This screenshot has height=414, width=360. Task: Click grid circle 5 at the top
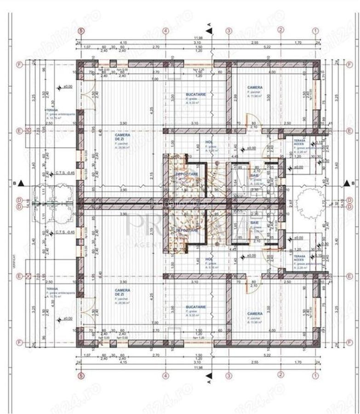pyautogui.click(x=81, y=31)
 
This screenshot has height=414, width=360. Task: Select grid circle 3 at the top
pyautogui.click(x=229, y=31)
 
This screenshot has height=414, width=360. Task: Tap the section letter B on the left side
pyautogui.click(x=15, y=184)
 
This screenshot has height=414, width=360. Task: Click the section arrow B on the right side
pyautogui.click(x=347, y=184)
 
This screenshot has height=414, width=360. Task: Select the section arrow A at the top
pyautogui.click(x=209, y=31)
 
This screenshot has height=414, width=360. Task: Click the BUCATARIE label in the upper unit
pyautogui.click(x=196, y=94)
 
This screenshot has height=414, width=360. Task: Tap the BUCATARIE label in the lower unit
pyautogui.click(x=196, y=306)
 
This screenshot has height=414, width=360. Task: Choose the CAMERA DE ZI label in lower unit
pyautogui.click(x=122, y=293)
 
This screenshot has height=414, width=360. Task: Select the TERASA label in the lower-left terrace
pyautogui.click(x=51, y=289)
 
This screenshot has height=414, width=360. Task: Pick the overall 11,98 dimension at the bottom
pyautogui.click(x=198, y=368)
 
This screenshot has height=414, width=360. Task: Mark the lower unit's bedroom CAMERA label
pyautogui.click(x=255, y=313)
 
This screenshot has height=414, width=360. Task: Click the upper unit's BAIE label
pyautogui.click(x=254, y=176)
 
